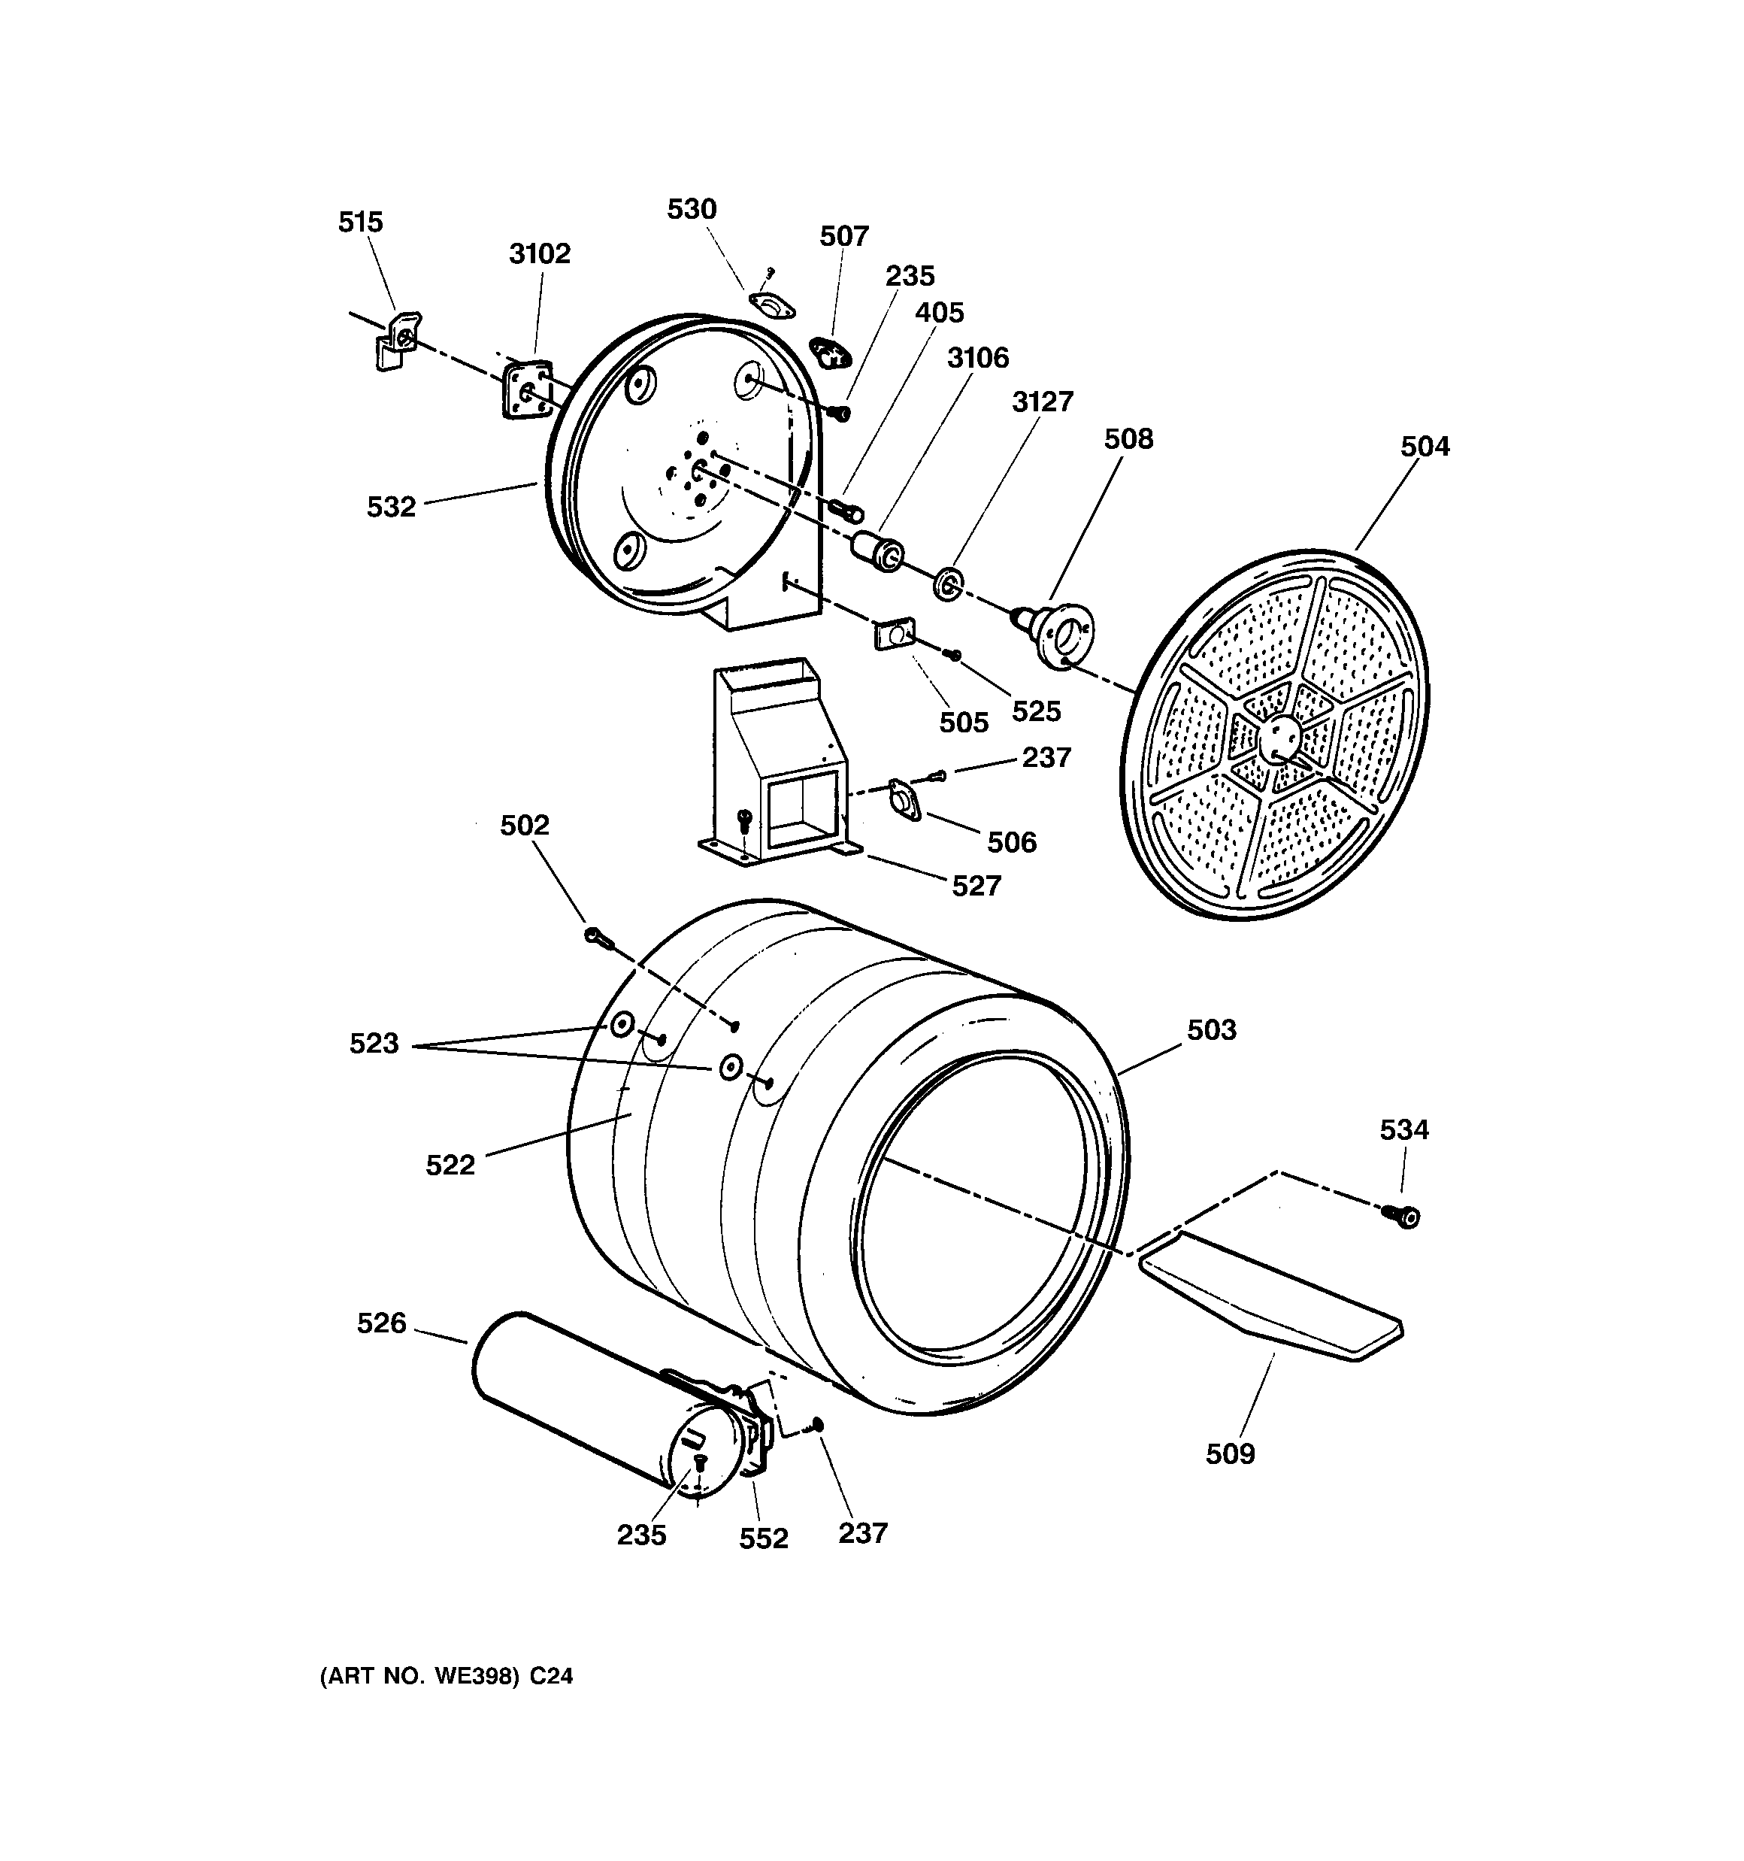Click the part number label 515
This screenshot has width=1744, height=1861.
(360, 223)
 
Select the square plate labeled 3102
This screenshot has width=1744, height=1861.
(525, 390)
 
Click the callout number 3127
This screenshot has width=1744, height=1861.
(1042, 402)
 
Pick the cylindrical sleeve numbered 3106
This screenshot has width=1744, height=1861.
(877, 550)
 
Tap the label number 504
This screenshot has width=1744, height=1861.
(1424, 447)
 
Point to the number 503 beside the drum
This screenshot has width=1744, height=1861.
(1211, 1029)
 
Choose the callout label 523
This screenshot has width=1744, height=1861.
(374, 1044)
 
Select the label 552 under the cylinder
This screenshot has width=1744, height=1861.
(763, 1539)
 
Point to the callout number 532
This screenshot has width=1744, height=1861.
(390, 508)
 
